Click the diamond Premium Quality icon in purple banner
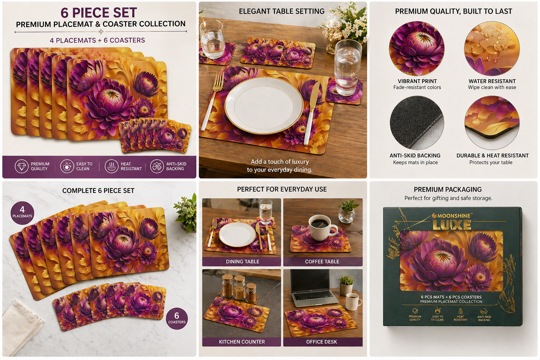click(x=21, y=166)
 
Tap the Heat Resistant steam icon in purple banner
click(x=111, y=166)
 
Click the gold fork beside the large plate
click(x=211, y=101)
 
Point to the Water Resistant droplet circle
click(x=492, y=49)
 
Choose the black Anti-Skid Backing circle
click(x=417, y=123)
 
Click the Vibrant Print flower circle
click(x=417, y=49)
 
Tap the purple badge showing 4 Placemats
click(x=22, y=213)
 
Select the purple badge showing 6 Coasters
click(x=177, y=319)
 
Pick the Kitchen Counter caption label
click(x=242, y=342)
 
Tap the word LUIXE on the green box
click(x=452, y=225)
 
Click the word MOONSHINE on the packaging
click(x=454, y=216)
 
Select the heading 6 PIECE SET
click(x=99, y=13)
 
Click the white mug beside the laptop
click(x=353, y=301)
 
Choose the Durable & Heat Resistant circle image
click(x=492, y=123)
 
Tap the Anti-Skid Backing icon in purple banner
click(x=157, y=166)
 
